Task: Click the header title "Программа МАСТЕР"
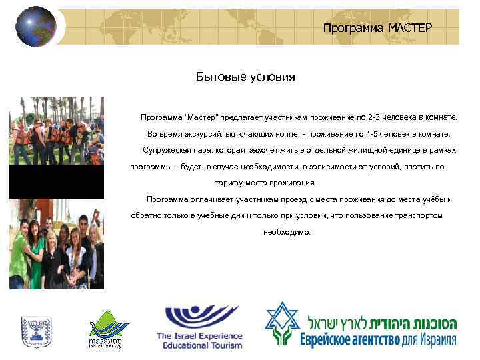(x=377, y=28)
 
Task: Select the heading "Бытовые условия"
(x=245, y=77)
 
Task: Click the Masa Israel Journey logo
(x=106, y=329)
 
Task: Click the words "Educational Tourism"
(x=199, y=345)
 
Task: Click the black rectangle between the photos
(x=57, y=181)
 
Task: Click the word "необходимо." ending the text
(x=287, y=232)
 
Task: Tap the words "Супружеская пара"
(x=168, y=151)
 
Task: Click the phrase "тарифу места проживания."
(x=265, y=183)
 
